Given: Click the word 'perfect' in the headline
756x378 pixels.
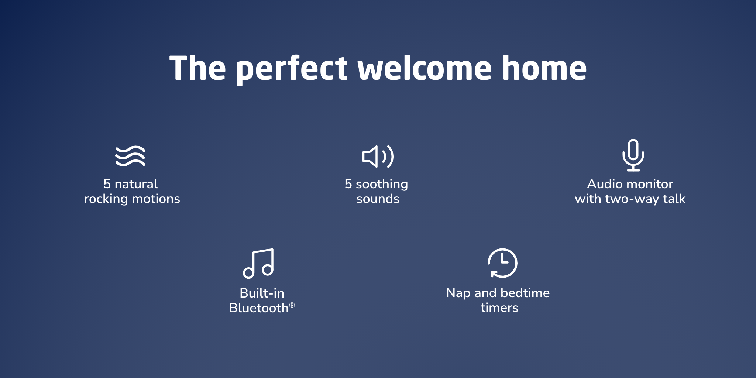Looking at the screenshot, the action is click(292, 69).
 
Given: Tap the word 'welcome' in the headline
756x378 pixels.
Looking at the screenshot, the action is click(425, 68).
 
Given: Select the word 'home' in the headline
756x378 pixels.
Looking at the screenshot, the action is click(544, 68).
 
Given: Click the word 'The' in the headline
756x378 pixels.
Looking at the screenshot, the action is click(197, 68).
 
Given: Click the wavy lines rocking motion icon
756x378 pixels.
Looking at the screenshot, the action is click(130, 156).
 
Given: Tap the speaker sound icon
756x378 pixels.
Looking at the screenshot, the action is click(378, 157).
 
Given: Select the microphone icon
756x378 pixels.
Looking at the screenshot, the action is click(633, 155).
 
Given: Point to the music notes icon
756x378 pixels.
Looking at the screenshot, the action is click(258, 263).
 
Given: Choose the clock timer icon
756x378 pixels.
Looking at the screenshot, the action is click(502, 263).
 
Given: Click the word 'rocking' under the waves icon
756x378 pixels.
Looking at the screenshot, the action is click(106, 199).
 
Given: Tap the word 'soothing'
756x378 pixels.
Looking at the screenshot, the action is click(382, 184).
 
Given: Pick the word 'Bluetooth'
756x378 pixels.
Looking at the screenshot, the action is click(259, 308).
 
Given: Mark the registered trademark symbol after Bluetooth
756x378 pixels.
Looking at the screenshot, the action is click(292, 305).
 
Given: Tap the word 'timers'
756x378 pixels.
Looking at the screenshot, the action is click(499, 307).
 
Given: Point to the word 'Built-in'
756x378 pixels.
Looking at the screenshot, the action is click(262, 293).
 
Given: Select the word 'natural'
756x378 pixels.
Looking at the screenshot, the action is click(136, 184).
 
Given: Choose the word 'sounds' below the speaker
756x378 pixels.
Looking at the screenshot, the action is click(378, 199).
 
